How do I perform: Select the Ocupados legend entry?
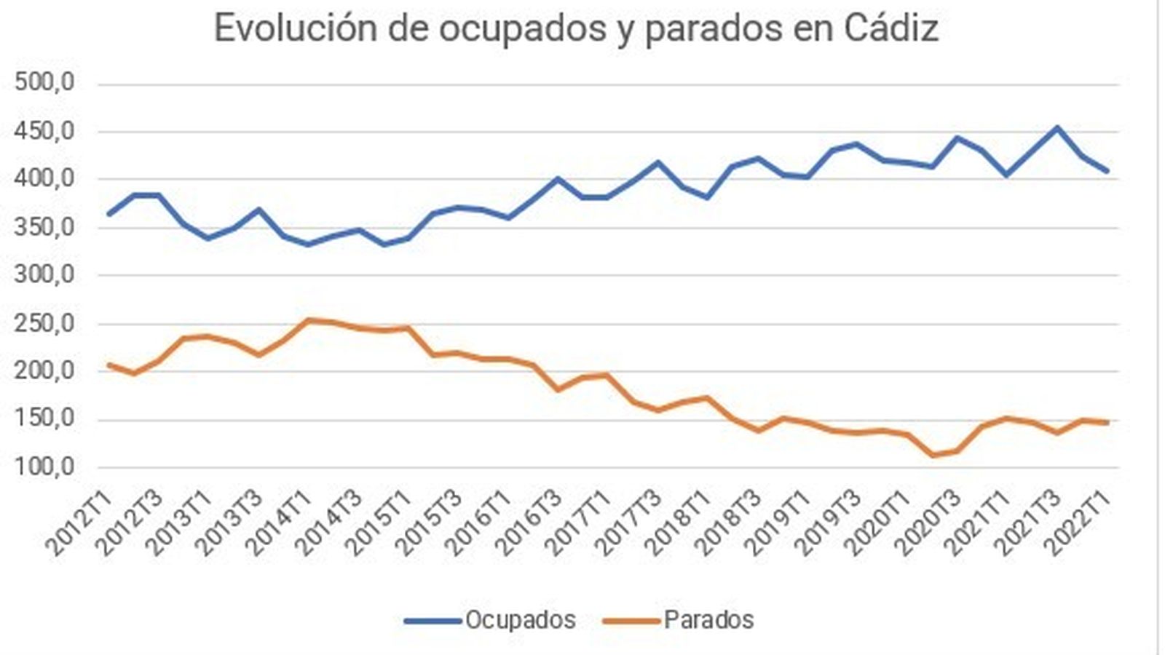520,620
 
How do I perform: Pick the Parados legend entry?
708,620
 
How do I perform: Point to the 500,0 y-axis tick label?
44,83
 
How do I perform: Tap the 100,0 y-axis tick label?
44,467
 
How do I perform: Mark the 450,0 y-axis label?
44,132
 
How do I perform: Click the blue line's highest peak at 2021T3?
1057,128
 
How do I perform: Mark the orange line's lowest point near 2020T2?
933,456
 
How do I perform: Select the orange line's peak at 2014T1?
309,319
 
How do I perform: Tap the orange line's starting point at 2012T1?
109,365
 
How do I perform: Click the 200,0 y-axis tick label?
44,371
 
